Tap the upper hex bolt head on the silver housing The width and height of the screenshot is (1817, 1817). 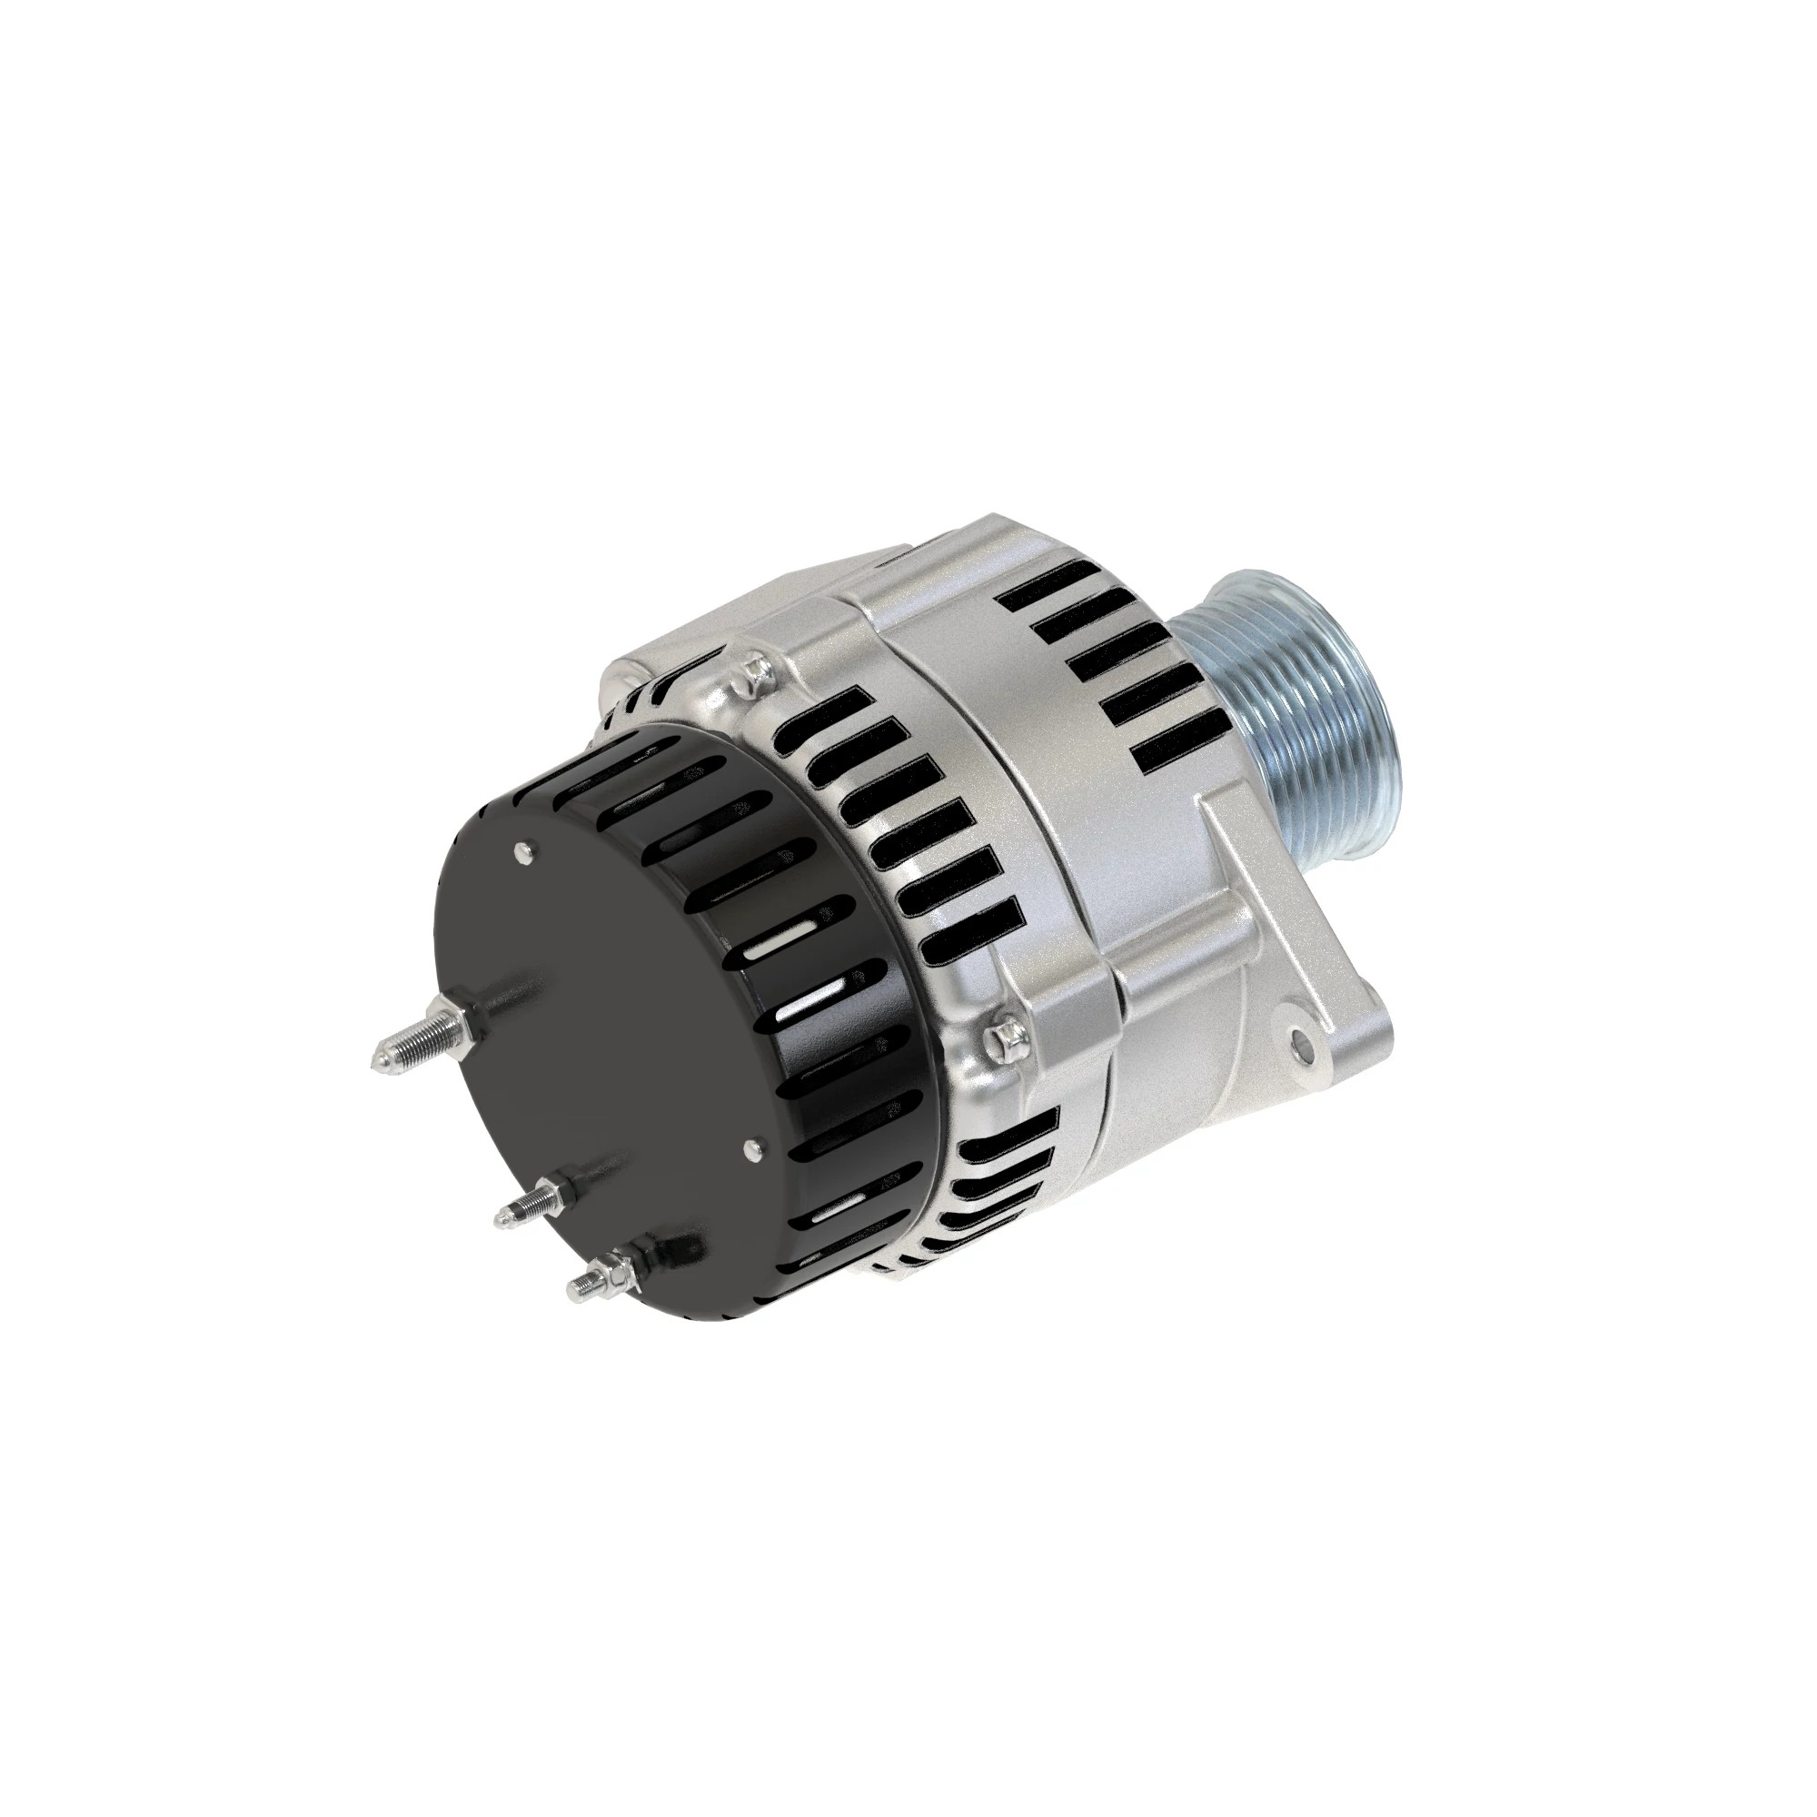tap(758, 670)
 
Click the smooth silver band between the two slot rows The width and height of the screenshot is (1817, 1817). tap(1016, 752)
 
